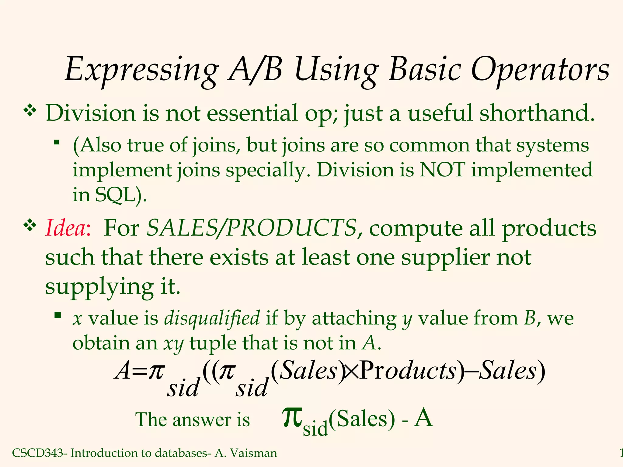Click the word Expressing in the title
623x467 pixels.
pyautogui.click(x=141, y=71)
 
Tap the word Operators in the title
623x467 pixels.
pyautogui.click(x=540, y=71)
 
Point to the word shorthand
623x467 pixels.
pyautogui.click(x=537, y=113)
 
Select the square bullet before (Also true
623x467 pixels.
pyautogui.click(x=56, y=142)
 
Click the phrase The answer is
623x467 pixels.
pyautogui.click(x=192, y=420)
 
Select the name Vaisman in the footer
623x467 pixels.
pyautogui.click(x=254, y=453)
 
